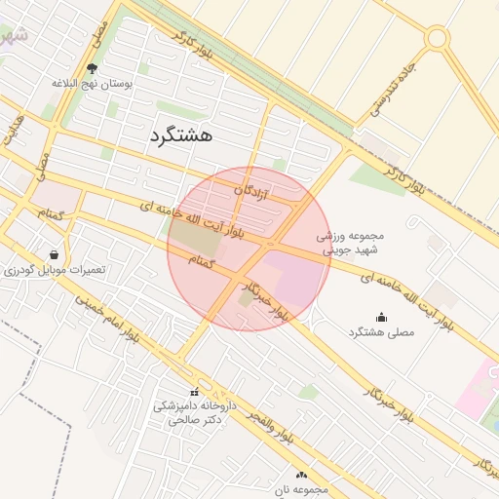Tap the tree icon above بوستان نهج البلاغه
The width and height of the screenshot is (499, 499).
point(93,68)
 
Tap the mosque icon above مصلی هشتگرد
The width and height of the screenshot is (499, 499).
point(381,317)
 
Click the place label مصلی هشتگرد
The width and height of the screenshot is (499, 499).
point(381,332)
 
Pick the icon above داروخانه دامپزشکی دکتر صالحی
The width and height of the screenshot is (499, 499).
point(194,392)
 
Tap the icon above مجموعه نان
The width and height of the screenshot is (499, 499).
point(302,475)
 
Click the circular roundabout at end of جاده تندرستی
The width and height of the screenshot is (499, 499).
point(437,38)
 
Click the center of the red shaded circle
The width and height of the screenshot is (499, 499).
point(249,249)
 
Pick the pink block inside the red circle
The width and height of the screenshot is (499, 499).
point(292,274)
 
